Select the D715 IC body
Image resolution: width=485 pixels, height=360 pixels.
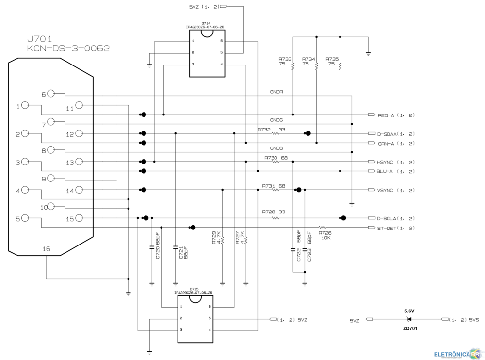point(195,319)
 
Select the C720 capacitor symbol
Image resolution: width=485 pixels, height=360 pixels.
point(152,248)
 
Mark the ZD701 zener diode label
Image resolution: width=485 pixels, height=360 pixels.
point(409,328)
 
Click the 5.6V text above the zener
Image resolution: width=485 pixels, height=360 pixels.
point(409,310)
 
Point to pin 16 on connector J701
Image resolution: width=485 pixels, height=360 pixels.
point(46,249)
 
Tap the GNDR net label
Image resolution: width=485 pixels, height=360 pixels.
point(276,92)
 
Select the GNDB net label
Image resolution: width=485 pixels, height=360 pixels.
point(276,148)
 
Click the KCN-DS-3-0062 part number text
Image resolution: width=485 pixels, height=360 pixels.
point(68,49)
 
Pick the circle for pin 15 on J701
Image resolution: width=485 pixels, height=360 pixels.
point(79,218)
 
